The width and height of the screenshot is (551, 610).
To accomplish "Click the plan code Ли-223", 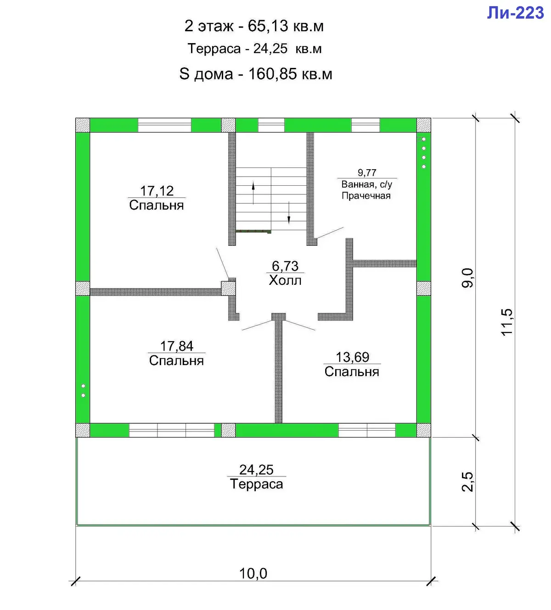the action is [x=515, y=13].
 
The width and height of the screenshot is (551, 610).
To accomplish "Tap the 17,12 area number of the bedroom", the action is [x=157, y=191].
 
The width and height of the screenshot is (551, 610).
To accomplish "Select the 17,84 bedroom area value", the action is [x=177, y=346].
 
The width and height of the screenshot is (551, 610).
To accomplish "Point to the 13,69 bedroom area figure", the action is [x=352, y=357].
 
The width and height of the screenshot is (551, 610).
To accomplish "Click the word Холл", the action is [x=285, y=280].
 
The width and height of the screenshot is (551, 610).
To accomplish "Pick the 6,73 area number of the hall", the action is [x=285, y=266].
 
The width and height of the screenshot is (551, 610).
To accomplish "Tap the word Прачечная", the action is [x=366, y=195].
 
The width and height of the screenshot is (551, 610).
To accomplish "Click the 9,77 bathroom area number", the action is [x=367, y=173].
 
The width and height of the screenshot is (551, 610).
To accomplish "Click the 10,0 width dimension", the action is [x=253, y=573].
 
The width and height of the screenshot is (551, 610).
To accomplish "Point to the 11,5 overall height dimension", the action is [x=507, y=322].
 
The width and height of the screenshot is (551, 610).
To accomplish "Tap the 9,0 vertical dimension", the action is [x=467, y=277].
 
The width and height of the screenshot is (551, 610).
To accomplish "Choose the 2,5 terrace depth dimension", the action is [x=467, y=482].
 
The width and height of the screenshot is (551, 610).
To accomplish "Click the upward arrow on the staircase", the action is [x=253, y=193].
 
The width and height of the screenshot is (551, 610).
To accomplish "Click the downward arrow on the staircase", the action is [x=289, y=212].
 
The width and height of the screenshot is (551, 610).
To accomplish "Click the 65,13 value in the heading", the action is [x=268, y=26].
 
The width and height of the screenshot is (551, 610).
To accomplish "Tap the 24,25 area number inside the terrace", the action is [x=256, y=470].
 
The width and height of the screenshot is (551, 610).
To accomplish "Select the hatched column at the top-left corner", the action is [x=83, y=125].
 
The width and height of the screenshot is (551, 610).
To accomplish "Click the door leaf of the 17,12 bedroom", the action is [x=223, y=263].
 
